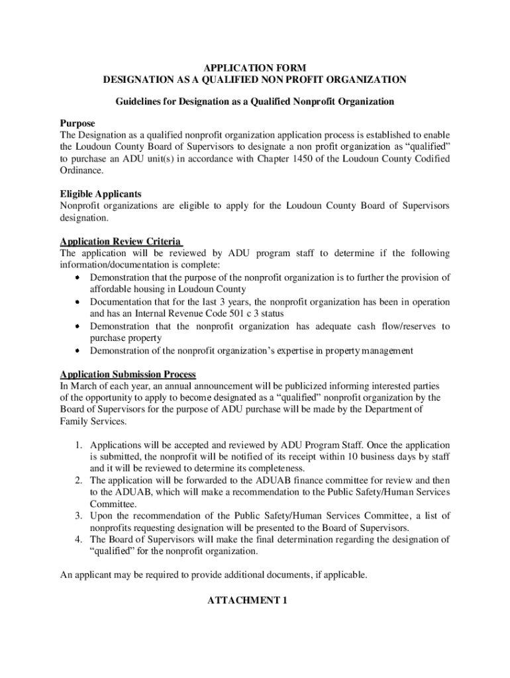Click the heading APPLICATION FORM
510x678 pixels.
[x=254, y=68]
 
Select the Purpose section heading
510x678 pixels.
[x=77, y=124]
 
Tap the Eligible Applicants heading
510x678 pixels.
[x=101, y=194]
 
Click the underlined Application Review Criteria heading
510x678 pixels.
[x=120, y=242]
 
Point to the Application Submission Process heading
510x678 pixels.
[x=128, y=374]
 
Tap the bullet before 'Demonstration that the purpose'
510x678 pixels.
[x=77, y=277]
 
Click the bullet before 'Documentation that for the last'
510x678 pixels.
[x=77, y=302]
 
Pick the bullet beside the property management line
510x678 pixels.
[x=77, y=350]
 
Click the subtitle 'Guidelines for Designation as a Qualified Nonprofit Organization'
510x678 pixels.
[x=255, y=102]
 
